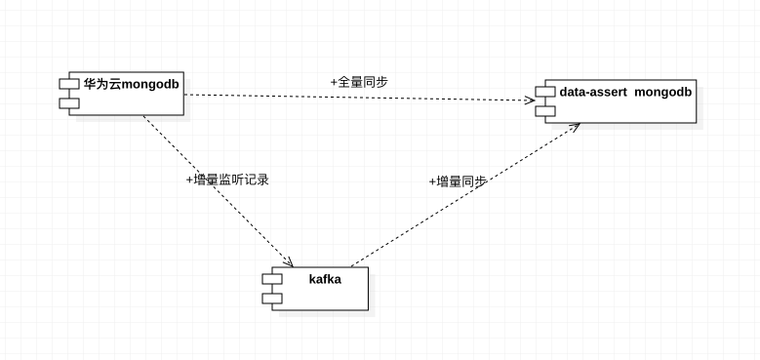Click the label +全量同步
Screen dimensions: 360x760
coord(359,81)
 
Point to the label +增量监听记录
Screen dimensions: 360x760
coord(227,180)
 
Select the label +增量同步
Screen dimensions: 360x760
coord(458,181)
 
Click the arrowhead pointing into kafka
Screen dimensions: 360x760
coord(289,261)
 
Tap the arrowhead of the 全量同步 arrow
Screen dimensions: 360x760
coord(530,100)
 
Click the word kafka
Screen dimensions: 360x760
coord(325,279)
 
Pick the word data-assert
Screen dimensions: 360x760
coord(593,92)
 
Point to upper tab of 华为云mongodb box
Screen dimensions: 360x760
coord(67,85)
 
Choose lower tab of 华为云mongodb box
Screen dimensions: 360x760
coord(67,102)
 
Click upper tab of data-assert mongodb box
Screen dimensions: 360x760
coord(544,93)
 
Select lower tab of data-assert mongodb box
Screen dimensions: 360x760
coord(544,110)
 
